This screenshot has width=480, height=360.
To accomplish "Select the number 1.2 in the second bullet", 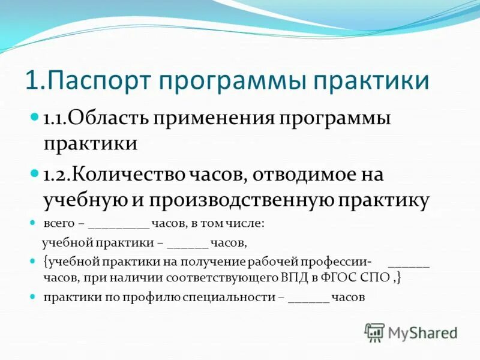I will point(55,175).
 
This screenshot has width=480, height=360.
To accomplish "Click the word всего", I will point(58,223).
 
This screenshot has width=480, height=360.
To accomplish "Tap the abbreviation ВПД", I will point(292,278).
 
